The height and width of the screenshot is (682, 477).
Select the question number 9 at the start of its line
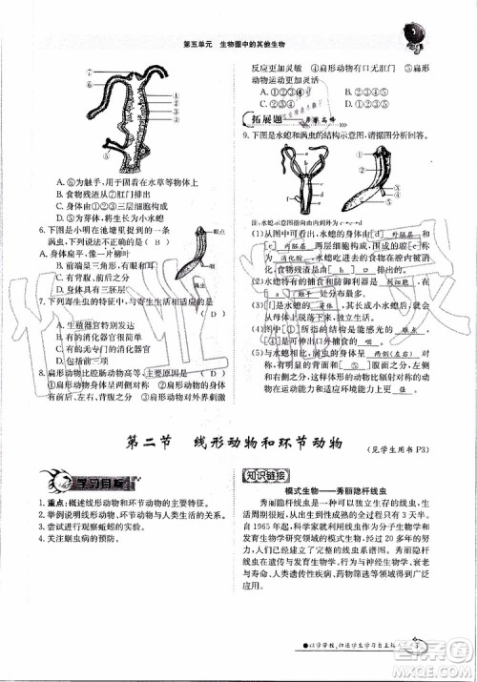pos(246,135)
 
